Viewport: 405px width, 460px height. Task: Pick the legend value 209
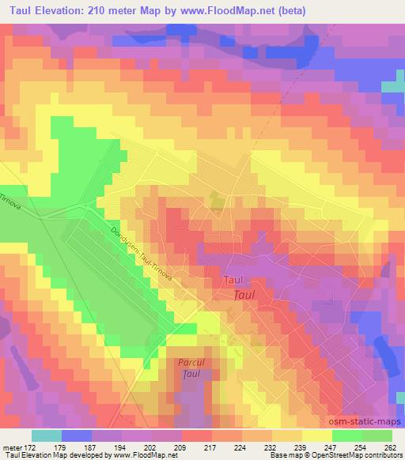(184, 448)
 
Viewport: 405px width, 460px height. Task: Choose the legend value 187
(95, 448)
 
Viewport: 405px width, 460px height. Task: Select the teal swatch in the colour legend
(47, 435)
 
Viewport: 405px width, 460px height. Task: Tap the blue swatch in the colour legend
(76, 435)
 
